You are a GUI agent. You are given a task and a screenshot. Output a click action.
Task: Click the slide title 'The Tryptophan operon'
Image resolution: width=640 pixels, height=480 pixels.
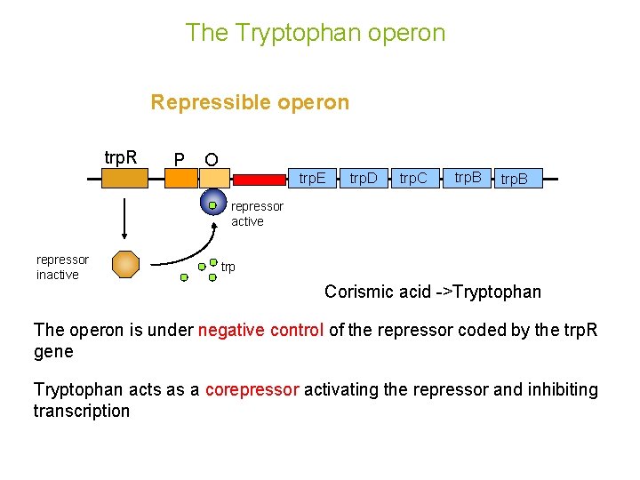point(316,33)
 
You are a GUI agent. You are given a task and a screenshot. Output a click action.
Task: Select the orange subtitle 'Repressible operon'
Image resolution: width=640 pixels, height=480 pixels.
point(250,102)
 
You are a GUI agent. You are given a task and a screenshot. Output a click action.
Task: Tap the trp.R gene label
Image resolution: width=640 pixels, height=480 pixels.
point(121,157)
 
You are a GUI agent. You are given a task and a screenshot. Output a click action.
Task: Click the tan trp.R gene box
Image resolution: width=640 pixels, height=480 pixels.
point(124,179)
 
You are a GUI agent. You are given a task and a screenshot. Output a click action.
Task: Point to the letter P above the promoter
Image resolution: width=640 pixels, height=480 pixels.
point(180,160)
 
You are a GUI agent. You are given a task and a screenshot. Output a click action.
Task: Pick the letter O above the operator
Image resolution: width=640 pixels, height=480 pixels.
point(212,160)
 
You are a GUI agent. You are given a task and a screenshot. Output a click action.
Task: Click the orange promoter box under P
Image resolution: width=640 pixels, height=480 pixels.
point(181,179)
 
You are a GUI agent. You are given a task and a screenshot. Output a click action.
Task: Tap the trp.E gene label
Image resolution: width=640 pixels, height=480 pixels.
point(312,179)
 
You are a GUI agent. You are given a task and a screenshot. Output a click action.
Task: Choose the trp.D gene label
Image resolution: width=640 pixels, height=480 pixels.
point(363,179)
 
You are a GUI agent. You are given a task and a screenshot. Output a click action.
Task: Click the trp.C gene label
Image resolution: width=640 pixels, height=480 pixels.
point(412,179)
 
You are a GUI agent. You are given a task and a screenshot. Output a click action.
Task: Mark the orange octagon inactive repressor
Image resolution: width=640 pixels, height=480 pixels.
point(125,265)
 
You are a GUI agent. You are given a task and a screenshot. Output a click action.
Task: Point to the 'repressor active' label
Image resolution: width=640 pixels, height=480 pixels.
point(257,213)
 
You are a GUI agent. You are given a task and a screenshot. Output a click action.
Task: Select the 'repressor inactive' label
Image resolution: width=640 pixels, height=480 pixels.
point(62,267)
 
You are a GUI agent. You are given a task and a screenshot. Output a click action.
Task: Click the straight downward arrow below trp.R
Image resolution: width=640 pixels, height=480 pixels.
point(124,218)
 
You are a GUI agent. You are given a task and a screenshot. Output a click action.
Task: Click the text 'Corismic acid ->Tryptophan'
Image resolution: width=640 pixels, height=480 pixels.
point(432,292)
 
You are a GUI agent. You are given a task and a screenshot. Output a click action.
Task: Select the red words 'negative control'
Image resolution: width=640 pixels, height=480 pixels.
point(261,331)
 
